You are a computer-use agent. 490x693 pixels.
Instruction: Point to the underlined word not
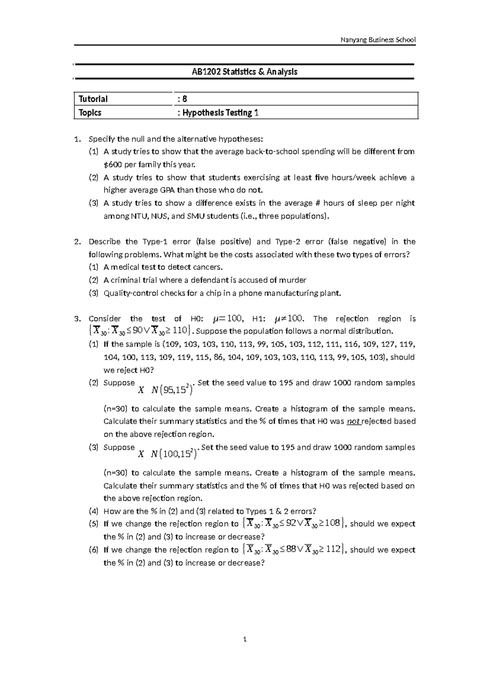click(x=353, y=421)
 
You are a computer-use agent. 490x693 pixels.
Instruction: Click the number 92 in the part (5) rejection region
click(x=292, y=523)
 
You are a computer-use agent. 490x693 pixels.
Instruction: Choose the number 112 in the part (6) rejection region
click(x=333, y=550)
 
